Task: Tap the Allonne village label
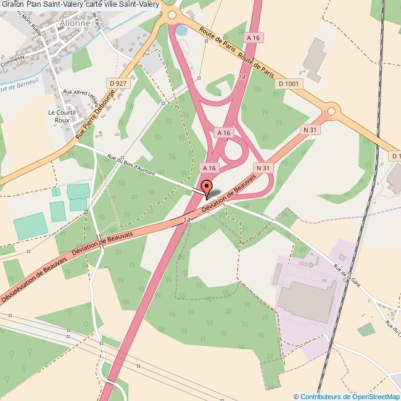[75, 23]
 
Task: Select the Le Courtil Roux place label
[62, 117]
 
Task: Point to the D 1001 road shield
[289, 83]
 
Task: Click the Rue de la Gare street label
[347, 272]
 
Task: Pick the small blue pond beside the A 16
[180, 30]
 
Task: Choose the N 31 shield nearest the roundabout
[310, 130]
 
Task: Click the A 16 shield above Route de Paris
[253, 38]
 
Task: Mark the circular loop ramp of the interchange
[233, 150]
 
